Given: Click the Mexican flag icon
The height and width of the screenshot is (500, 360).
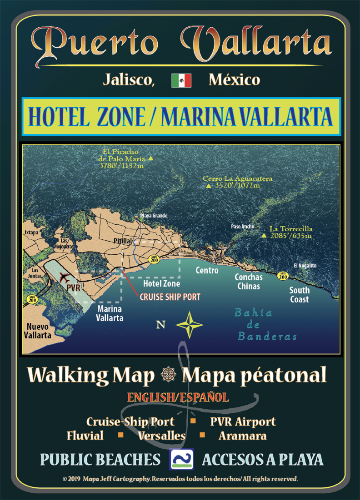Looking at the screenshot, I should (181, 81).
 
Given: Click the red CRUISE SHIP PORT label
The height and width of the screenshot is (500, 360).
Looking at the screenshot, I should (170, 297).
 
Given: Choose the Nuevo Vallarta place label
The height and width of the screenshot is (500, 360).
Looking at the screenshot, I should (39, 331).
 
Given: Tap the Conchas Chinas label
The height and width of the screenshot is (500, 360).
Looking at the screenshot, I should (248, 282).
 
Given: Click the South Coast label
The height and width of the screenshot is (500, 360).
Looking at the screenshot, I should (300, 295).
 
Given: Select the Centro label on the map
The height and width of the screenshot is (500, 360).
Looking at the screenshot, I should (207, 270).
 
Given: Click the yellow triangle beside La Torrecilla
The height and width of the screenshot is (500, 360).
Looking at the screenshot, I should (264, 236).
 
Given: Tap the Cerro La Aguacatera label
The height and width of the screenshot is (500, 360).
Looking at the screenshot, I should (237, 182).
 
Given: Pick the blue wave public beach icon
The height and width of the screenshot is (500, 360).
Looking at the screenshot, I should (181, 459).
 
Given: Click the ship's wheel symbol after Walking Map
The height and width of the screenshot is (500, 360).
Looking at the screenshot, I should (168, 376).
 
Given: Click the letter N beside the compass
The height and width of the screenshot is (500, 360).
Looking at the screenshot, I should (160, 325).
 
